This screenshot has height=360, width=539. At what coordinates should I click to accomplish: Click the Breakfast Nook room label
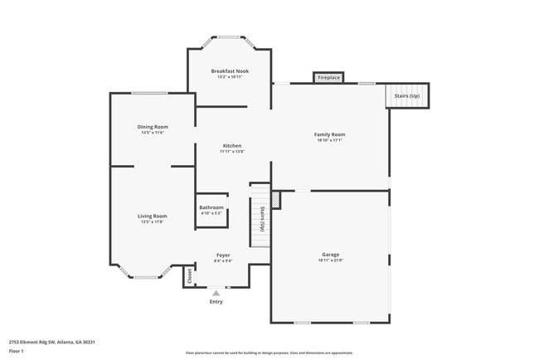230,71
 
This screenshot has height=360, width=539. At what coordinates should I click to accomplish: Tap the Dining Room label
153,127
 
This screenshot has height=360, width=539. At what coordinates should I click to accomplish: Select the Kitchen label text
231,146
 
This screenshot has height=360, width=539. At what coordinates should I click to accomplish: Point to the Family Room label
329,134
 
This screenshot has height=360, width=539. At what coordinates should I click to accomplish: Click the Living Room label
153,216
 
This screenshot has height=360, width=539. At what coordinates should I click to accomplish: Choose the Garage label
331,255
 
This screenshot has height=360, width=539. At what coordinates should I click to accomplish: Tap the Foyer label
223,255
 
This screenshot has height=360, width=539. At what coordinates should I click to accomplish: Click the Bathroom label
211,207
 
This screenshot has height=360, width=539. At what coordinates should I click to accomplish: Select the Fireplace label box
328,78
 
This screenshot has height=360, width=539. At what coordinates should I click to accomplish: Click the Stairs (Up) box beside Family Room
406,95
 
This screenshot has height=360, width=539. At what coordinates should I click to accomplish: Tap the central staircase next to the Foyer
260,216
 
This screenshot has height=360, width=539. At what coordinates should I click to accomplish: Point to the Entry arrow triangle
216,293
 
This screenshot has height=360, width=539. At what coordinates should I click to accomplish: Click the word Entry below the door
216,302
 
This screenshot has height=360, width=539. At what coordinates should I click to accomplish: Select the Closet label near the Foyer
189,276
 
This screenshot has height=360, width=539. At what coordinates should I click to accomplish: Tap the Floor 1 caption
17,352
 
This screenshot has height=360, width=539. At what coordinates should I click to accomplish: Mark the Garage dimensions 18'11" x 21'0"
331,260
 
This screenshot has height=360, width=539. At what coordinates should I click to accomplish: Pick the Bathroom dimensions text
211,213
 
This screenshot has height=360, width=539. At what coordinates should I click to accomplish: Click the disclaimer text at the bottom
269,353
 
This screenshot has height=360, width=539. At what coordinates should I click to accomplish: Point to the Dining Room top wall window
149,93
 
